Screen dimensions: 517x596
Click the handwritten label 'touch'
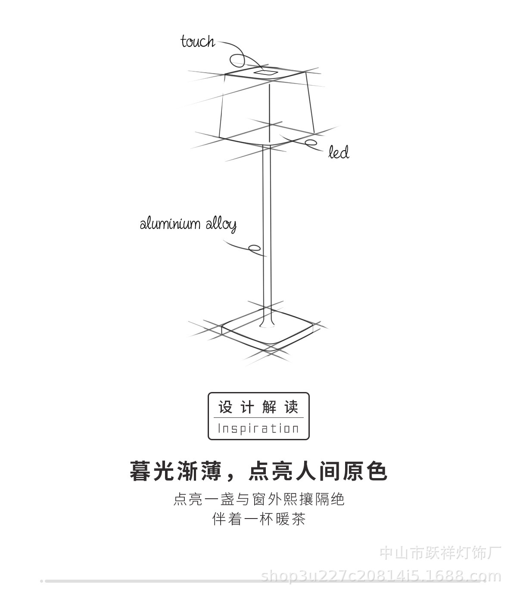[x=197, y=42]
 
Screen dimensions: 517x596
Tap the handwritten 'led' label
[x=339, y=152]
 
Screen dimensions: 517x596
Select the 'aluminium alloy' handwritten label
[x=188, y=224]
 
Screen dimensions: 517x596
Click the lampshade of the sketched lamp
[x=267, y=108]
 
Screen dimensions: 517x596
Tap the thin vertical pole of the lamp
[x=267, y=215]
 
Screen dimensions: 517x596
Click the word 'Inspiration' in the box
[x=258, y=429]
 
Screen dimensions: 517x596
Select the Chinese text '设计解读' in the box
[x=258, y=407]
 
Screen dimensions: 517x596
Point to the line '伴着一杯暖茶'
[x=259, y=519]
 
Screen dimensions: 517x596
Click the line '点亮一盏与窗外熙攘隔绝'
[x=259, y=500]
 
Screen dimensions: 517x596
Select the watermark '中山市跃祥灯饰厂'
[x=440, y=553]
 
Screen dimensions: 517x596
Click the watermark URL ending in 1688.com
[x=381, y=576]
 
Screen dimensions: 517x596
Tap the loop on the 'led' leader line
[x=311, y=143]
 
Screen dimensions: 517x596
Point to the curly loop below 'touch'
[x=237, y=60]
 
